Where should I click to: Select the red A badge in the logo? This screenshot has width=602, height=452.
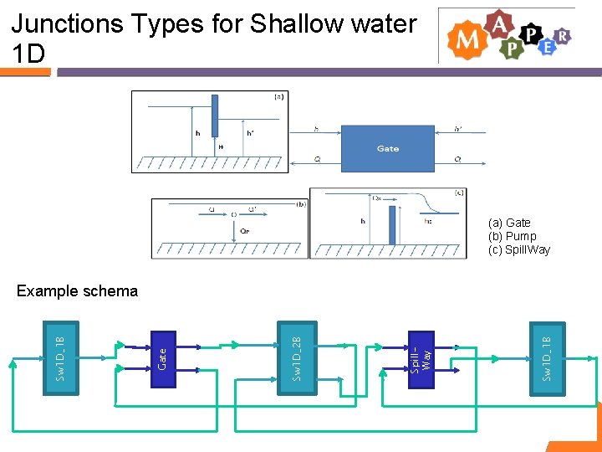(499, 25)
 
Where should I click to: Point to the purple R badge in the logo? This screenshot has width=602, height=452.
(563, 35)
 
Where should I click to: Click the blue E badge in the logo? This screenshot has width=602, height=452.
(548, 47)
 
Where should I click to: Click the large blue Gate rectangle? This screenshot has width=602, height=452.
(387, 148)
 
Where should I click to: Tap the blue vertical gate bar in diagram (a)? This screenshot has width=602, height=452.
(214, 116)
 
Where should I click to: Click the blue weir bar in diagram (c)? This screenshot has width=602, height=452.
(390, 224)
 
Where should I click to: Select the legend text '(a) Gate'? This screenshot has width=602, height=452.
(509, 223)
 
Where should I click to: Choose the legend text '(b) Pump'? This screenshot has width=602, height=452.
(513, 236)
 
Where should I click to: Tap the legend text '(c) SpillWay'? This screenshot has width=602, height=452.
(519, 249)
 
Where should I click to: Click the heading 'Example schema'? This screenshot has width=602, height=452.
(77, 291)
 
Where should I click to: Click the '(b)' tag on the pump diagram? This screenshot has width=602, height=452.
(301, 203)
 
